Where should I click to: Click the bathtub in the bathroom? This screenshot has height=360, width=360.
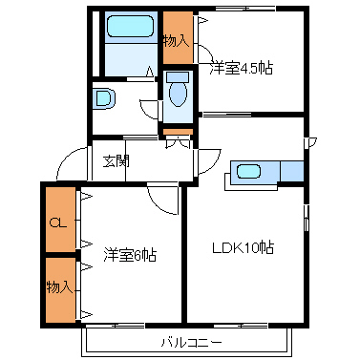(x=131, y=27)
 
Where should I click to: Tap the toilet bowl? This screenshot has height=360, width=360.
(x=179, y=94)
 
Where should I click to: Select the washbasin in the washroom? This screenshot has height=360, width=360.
(x=104, y=98)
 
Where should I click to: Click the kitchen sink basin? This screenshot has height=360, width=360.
(x=248, y=172)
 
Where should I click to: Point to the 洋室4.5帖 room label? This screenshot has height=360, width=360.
(x=241, y=69)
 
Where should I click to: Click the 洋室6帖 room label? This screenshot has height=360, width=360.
(x=130, y=255)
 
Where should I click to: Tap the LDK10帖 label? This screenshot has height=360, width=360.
(x=243, y=248)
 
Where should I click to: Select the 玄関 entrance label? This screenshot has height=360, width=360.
(x=116, y=161)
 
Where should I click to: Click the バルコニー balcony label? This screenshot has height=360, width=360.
(x=191, y=343)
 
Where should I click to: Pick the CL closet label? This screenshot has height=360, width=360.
(x=58, y=223)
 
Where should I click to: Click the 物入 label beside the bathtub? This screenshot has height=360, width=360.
(x=177, y=41)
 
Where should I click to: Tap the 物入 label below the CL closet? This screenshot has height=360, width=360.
(x=59, y=287)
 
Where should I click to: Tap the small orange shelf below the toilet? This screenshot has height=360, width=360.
(x=178, y=132)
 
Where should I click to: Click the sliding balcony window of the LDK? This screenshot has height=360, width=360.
(x=241, y=326)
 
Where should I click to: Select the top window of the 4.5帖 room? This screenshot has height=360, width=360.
(x=245, y=9)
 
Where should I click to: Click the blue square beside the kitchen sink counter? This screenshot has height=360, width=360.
(x=292, y=171)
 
